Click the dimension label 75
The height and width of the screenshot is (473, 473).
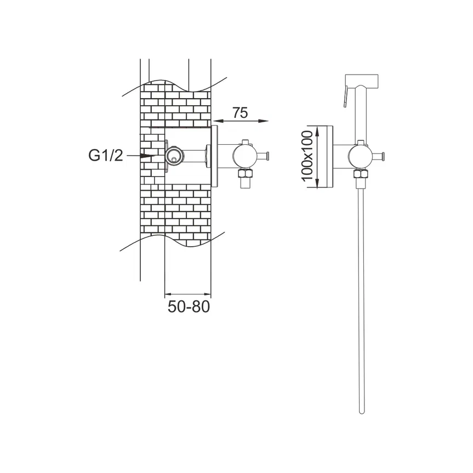240,113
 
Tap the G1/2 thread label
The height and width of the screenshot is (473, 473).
106,156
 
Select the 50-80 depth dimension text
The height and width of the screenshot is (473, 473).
189,307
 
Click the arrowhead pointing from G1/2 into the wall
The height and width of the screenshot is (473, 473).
149,156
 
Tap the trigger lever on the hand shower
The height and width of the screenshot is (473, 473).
346,96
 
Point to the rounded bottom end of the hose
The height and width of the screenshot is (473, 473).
362,411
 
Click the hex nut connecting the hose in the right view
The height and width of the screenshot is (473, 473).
361,174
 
